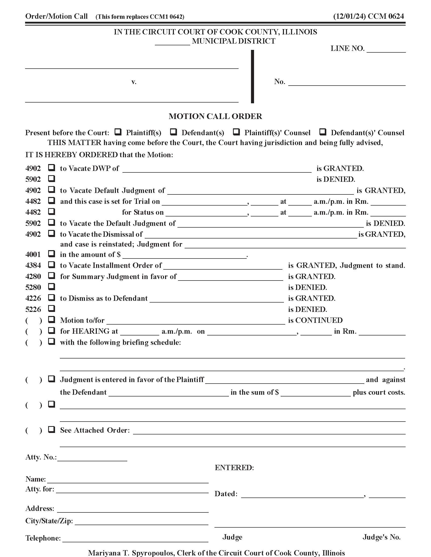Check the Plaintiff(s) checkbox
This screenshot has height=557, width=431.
pos(118,132)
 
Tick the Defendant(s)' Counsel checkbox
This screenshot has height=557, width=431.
pos(323,132)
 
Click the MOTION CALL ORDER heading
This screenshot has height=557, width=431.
pos(215,116)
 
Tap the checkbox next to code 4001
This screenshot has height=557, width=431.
pos(52,254)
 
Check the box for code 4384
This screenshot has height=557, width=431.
pos(52,265)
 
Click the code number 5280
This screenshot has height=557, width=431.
pos(33,287)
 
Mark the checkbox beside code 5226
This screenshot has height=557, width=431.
pos(52,309)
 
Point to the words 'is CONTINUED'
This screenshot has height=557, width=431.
pos(315,320)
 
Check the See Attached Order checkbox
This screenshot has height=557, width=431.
pos(52,429)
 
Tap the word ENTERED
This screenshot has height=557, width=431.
pos(234,468)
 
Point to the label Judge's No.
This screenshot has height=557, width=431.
pos(382,537)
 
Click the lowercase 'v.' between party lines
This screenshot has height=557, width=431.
pos(134,82)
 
